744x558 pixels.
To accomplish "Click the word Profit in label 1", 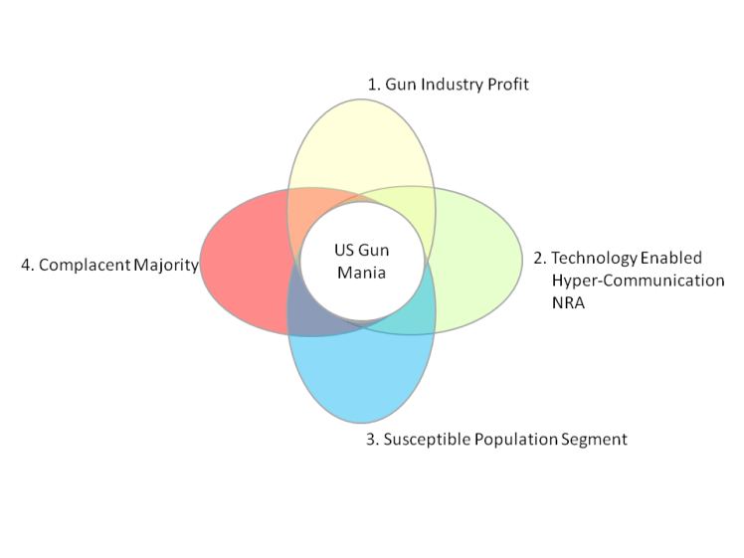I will pos(507,85).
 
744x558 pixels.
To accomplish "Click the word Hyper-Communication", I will pos(638,281).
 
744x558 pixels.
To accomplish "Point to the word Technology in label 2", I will pos(595,258).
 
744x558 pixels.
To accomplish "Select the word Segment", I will pos(595,439).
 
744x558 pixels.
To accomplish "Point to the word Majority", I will pos(164,266).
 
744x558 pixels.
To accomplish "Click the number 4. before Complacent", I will pos(28,266).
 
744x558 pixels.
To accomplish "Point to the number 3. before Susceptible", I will pos(373,439).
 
